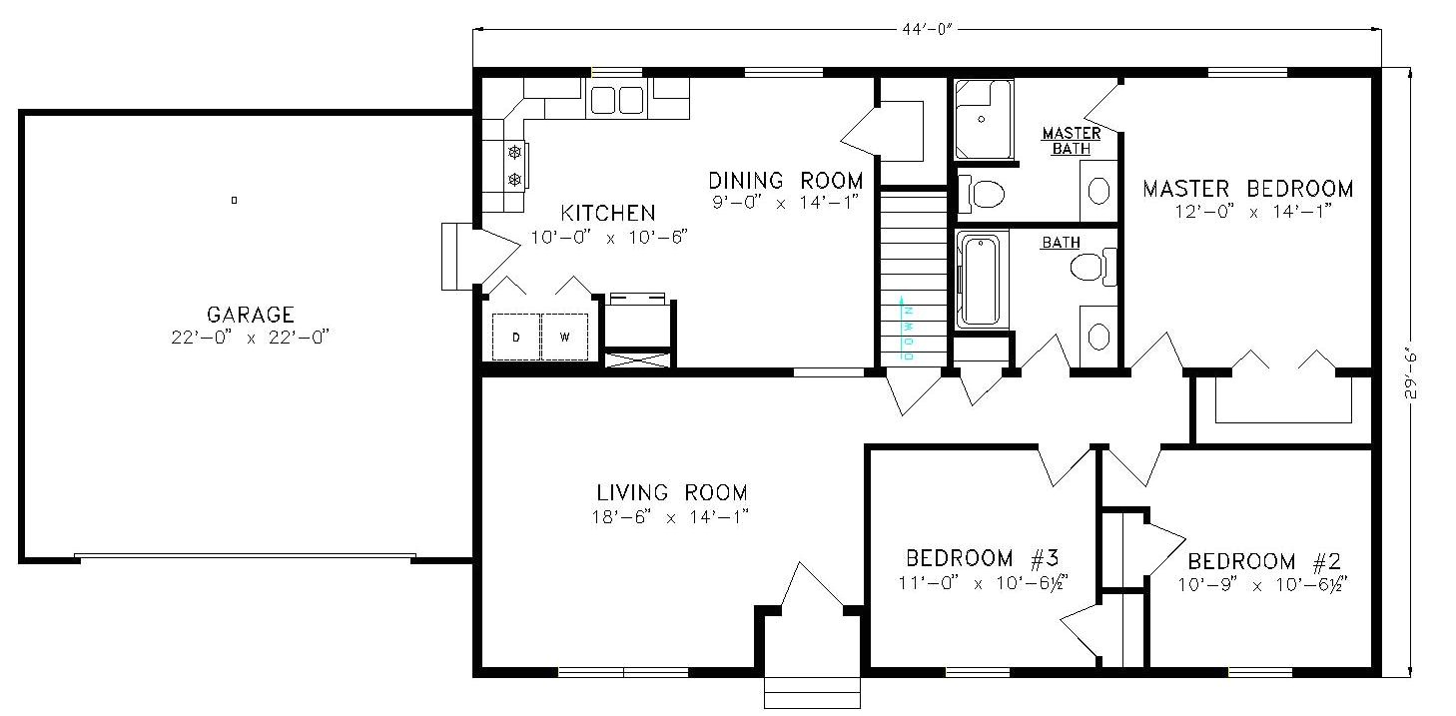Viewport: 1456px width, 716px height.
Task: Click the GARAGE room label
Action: point(251,315)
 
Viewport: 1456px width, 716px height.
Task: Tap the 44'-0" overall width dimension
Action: point(927,29)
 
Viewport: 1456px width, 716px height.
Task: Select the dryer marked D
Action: point(516,337)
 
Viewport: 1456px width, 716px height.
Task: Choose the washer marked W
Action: point(565,337)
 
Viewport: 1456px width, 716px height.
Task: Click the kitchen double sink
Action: point(616,100)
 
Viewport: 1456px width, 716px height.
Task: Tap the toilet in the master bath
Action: point(982,193)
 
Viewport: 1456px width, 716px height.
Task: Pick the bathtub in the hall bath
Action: point(980,281)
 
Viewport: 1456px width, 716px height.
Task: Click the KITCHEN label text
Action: point(608,213)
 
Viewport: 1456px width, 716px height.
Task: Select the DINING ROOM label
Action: point(785,180)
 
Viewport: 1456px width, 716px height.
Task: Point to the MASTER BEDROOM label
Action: point(1248,189)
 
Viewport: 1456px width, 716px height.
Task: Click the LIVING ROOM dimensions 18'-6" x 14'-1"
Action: point(670,517)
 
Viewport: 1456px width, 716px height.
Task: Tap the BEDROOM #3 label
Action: point(983,557)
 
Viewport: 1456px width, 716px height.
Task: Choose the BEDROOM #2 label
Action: point(1264,560)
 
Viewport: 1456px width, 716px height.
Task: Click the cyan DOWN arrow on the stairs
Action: point(902,329)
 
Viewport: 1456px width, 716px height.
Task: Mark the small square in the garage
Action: point(234,200)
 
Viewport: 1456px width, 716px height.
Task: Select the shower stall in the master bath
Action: point(984,120)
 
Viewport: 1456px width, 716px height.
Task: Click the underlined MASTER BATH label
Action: point(1072,141)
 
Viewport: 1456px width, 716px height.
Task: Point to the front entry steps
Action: point(812,693)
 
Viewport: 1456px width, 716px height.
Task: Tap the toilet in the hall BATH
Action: point(1092,267)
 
